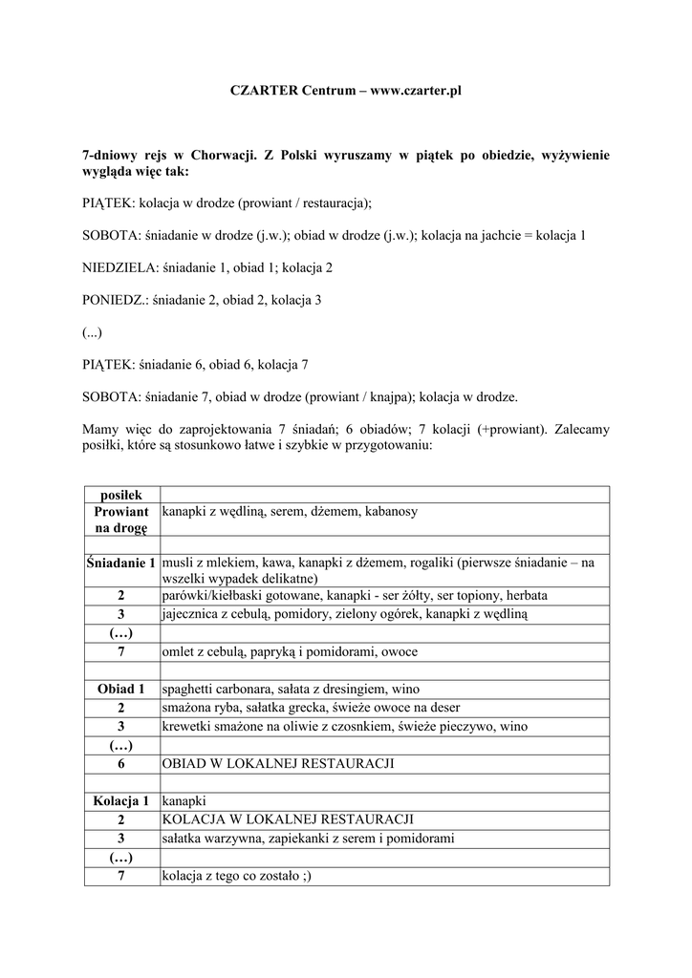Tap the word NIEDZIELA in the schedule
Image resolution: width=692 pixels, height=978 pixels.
119,268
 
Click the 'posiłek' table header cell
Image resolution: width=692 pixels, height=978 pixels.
121,495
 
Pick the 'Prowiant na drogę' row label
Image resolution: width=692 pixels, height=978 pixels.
121,521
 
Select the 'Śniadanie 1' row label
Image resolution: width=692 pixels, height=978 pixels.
121,563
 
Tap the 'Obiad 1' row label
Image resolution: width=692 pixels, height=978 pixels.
121,689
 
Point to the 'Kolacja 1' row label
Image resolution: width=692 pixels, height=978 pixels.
121,800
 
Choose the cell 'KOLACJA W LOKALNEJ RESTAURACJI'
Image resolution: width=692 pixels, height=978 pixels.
288,819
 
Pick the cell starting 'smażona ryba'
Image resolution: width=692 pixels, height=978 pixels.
312,708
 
